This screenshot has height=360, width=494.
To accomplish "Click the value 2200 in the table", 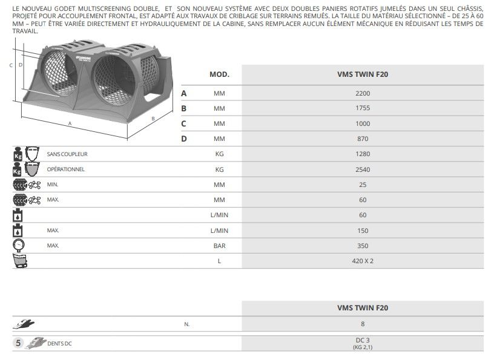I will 363,93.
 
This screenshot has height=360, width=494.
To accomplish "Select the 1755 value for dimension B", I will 363,108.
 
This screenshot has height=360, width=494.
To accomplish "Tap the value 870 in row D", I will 363,139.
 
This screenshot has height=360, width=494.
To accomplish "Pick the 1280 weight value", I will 363,154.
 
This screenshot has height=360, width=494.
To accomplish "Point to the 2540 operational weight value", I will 363,169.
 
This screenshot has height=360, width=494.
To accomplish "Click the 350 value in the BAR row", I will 363,246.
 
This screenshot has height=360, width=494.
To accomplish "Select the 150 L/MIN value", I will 363,231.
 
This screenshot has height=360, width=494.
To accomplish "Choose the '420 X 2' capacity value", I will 363,261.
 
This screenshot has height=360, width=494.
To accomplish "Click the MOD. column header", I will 219,75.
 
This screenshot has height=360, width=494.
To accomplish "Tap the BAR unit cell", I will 219,246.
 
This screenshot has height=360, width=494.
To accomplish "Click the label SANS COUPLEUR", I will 67,154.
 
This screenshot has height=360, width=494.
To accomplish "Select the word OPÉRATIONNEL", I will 65,169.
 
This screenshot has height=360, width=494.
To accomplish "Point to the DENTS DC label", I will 59,343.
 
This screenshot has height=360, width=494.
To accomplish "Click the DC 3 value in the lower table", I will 363,340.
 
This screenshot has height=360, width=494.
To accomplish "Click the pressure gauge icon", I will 19,246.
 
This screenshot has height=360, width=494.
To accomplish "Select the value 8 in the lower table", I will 363,324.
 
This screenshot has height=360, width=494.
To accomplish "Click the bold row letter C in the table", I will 184,123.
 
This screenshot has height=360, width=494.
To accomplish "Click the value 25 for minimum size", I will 363,185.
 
